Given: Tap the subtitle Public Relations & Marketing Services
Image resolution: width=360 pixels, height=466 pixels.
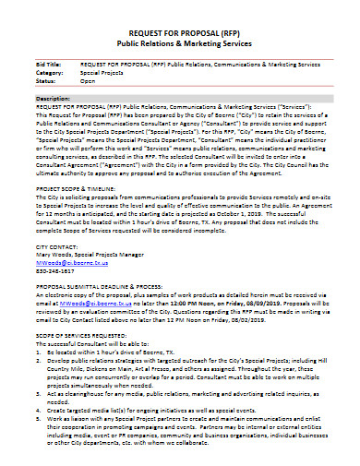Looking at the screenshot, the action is (179, 42).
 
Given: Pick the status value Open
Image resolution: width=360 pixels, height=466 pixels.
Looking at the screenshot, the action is (88, 81).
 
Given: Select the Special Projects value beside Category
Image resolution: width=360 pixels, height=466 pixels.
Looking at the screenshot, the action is (101, 73).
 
